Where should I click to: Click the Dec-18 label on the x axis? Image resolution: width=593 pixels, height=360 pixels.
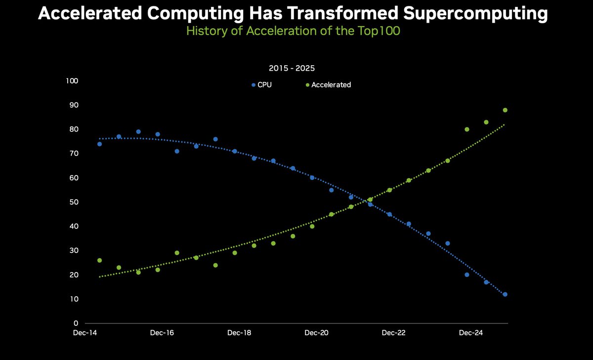[x=239, y=333]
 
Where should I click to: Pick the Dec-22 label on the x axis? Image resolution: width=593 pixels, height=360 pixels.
[x=394, y=333]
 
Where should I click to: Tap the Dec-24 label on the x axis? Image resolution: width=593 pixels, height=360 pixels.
[x=471, y=333]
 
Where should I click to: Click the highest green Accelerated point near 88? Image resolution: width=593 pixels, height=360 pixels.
[x=505, y=110]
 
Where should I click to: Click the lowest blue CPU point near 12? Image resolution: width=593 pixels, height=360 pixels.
[x=505, y=294]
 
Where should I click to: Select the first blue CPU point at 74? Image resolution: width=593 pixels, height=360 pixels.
[x=99, y=144]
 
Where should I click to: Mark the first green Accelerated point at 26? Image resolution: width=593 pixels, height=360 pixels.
[x=99, y=260]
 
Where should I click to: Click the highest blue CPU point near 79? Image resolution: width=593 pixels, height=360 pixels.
[x=138, y=132]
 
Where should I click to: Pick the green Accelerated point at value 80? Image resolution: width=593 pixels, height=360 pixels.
[x=466, y=130]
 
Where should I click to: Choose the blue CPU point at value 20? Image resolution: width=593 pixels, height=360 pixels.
[x=466, y=274]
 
